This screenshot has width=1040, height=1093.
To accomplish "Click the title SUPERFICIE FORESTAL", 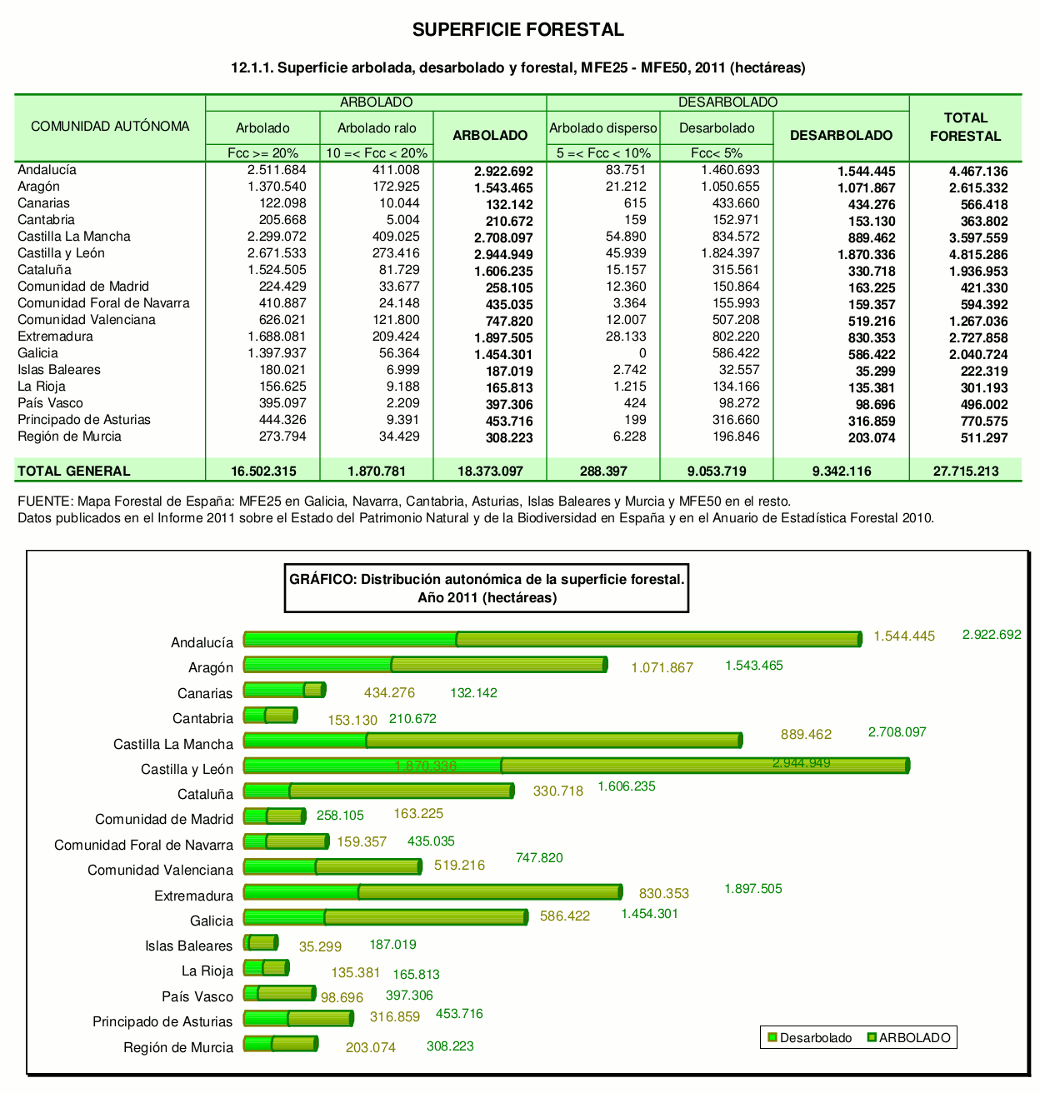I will pos(517,30).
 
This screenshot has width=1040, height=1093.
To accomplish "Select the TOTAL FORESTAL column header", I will pos(965,127).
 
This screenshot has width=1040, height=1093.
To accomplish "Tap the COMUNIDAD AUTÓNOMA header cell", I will pos(110,127).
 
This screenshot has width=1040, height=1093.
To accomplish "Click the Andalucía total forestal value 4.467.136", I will pos(977,171).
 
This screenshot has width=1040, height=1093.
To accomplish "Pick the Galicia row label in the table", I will pos(38,353).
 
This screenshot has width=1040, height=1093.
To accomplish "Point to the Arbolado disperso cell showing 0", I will pos(642,353).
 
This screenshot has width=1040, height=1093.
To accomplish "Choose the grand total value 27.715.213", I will pos(965,471).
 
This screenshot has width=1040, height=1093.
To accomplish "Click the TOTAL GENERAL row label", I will pos(74,471).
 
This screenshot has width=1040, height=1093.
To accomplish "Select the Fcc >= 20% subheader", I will pos(262,153).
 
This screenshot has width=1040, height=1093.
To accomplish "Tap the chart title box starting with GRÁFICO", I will pos(487,588).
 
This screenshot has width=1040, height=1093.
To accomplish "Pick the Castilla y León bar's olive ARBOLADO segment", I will pos(704,766).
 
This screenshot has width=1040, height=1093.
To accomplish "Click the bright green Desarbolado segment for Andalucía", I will pos(350,639).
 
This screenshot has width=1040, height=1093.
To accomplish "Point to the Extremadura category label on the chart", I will pos(193,896).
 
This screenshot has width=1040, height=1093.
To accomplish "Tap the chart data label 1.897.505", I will pos(753,889).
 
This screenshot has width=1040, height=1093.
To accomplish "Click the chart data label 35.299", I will pos(321,946).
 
